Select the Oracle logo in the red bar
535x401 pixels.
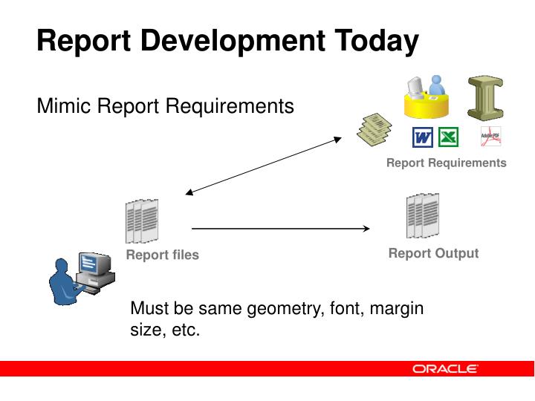445,368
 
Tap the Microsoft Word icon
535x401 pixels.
423,137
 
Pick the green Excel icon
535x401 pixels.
448,137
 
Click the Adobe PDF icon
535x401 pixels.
490,137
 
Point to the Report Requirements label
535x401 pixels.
446,163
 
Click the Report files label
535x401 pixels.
162,255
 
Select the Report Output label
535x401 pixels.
433,253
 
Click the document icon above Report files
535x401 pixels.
142,221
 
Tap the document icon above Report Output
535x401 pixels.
422,215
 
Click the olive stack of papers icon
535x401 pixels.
373,128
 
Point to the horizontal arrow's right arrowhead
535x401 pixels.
366,229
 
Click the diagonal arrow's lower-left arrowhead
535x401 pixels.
189,193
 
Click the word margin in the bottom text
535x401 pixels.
398,308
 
